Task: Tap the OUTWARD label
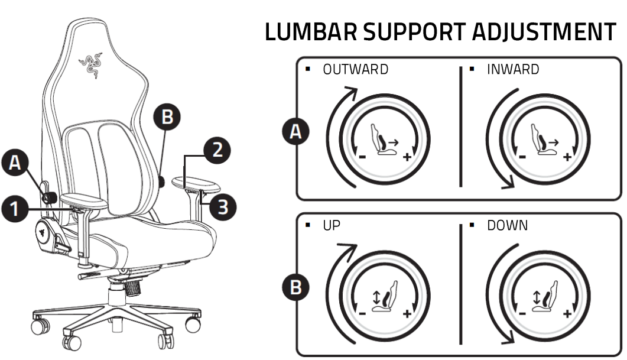point(355,69)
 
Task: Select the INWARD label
point(513,69)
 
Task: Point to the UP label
point(332,226)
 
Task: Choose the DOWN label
point(508,226)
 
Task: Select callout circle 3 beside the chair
point(223,207)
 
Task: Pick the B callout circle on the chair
point(167,117)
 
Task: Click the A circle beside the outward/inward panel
point(295,132)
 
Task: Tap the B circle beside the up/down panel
point(295,288)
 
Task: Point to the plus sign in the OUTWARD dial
point(407,157)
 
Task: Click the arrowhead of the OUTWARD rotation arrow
point(352,90)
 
